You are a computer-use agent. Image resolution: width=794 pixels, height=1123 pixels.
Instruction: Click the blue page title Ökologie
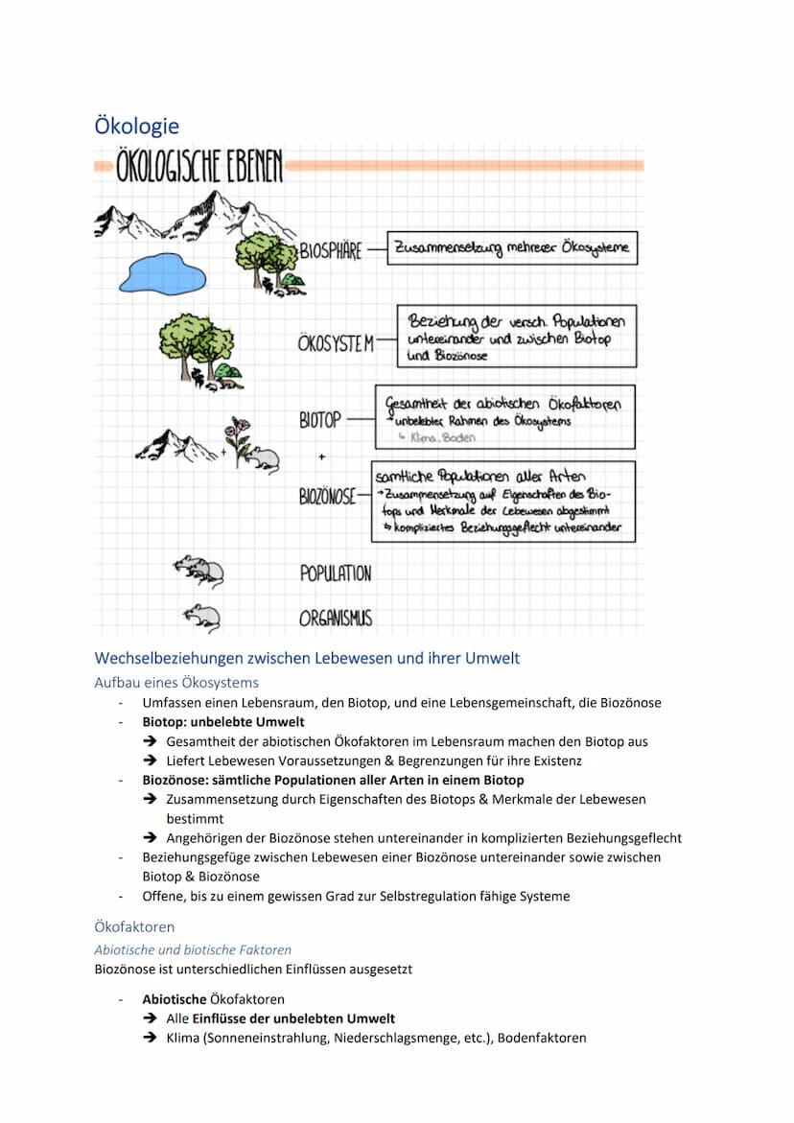(x=136, y=126)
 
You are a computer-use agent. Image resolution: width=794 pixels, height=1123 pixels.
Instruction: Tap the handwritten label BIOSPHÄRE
(x=331, y=251)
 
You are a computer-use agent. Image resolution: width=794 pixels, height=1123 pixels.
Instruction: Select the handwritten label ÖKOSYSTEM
(x=336, y=343)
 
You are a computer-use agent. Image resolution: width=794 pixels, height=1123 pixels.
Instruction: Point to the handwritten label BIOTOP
(x=320, y=420)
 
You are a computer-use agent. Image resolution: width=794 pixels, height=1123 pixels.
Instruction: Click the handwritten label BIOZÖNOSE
(x=327, y=496)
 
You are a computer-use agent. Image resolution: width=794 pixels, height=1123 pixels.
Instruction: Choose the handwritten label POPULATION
(x=336, y=573)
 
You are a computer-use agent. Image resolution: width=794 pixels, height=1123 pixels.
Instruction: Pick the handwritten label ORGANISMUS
(x=336, y=619)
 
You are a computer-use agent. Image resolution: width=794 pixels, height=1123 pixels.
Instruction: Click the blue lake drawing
(x=161, y=274)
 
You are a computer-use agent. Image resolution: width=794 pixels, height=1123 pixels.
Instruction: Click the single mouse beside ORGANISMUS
(x=202, y=617)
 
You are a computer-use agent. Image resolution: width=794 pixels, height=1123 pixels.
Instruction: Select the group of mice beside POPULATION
(x=199, y=571)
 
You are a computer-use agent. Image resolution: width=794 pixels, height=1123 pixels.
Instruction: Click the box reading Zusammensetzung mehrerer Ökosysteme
(x=512, y=247)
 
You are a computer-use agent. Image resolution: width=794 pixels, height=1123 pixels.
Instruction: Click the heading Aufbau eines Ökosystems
(x=176, y=683)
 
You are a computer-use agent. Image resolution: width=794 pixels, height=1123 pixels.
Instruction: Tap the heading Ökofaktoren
(x=134, y=927)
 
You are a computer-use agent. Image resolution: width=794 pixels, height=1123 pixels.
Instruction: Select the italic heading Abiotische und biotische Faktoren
(x=193, y=949)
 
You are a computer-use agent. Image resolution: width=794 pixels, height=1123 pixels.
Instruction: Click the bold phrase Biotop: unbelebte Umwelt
(x=223, y=722)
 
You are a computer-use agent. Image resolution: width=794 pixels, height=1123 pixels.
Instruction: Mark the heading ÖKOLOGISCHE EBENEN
(x=199, y=168)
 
